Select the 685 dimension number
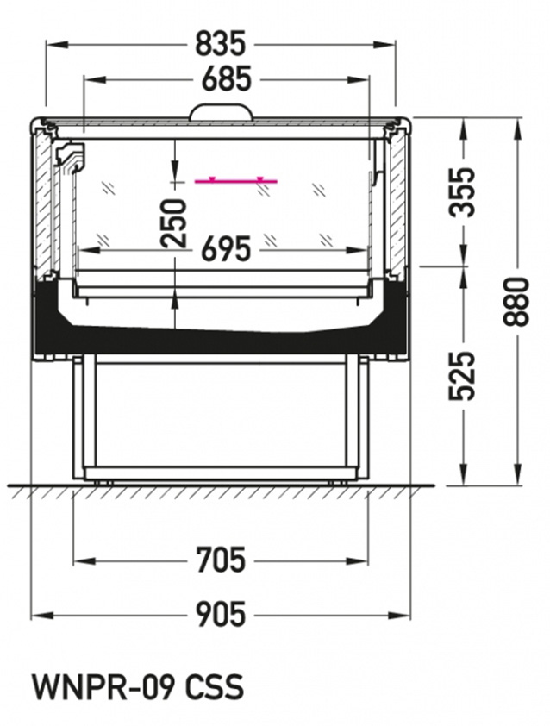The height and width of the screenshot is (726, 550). click(x=226, y=79)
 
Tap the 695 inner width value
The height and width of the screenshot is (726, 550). click(x=226, y=250)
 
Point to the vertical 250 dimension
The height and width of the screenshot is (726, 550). click(x=174, y=223)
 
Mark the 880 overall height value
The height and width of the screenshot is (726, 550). click(x=516, y=302)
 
